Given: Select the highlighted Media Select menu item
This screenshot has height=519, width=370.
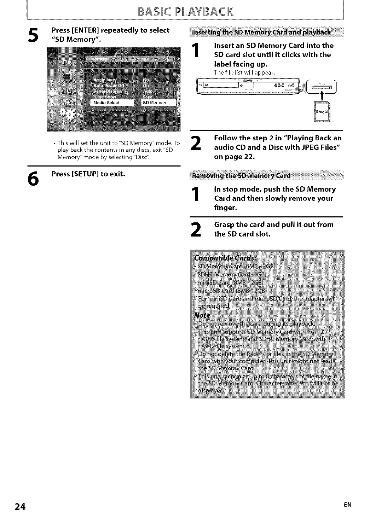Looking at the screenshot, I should tap(112, 103).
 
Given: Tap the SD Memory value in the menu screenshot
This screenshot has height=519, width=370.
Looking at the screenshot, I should tap(158, 103).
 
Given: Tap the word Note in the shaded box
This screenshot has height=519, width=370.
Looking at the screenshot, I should tap(202, 315).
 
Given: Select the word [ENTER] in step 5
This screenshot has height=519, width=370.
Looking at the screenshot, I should tap(86, 30).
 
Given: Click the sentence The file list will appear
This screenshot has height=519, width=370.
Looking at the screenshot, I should tap(244, 72).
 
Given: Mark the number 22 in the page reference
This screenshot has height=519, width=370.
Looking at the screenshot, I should tap(248, 157).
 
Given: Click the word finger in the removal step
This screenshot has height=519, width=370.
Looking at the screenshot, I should tap(225, 208).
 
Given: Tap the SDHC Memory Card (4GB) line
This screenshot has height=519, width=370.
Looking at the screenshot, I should tap(232, 274).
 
